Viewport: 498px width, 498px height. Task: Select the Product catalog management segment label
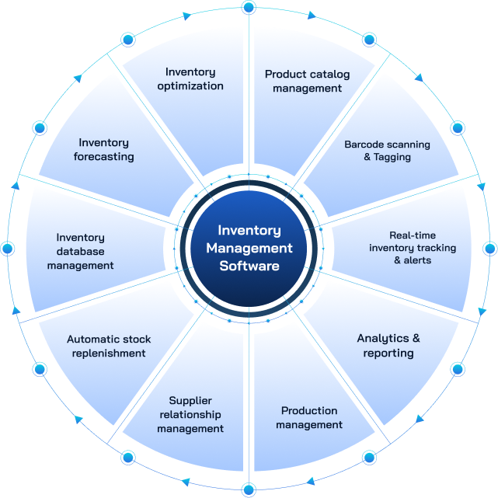(x=308, y=82)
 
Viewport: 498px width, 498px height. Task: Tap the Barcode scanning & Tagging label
(x=387, y=151)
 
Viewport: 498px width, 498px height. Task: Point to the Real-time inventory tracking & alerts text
(x=413, y=248)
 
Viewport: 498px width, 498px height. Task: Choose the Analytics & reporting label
(x=388, y=346)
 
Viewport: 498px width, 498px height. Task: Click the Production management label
(x=309, y=418)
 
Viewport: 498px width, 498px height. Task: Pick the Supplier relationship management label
(x=190, y=415)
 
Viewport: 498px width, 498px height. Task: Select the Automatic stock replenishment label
(x=109, y=347)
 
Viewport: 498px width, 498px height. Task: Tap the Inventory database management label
(x=80, y=252)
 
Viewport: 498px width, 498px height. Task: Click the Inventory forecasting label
(x=104, y=150)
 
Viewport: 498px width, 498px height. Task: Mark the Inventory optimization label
(x=190, y=79)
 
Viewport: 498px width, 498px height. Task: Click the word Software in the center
(x=249, y=266)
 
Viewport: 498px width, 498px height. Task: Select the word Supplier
(x=191, y=401)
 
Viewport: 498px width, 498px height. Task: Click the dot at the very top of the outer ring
(x=249, y=8)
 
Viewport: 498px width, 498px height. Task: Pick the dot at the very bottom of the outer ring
(x=249, y=489)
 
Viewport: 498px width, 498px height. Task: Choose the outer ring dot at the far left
(x=8, y=249)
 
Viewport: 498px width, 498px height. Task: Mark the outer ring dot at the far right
(x=489, y=249)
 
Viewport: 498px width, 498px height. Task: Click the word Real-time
(x=413, y=235)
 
